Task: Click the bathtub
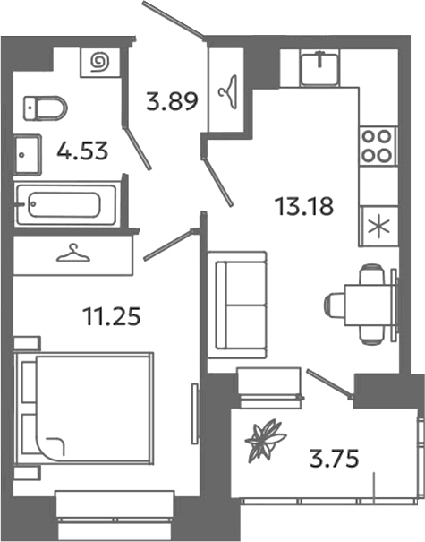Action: point(66,204)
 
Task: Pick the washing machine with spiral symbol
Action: point(98,63)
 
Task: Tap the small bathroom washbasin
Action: point(26,154)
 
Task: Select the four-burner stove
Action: point(378,145)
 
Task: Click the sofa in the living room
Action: point(237,305)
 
